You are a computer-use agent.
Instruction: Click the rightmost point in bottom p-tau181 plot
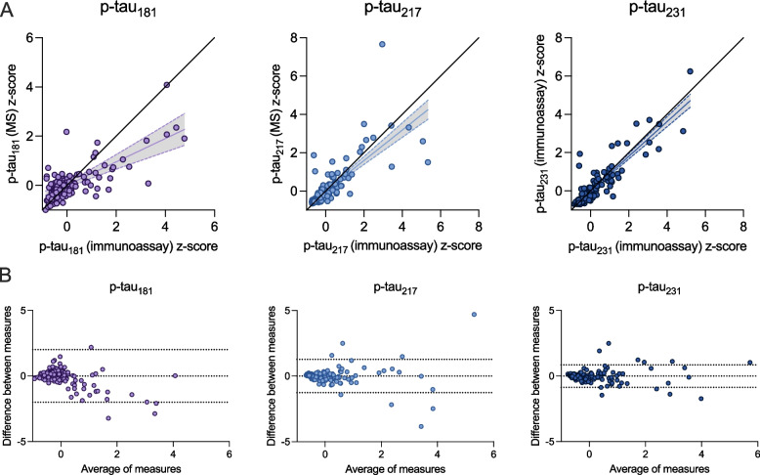pyautogui.click(x=174, y=375)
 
